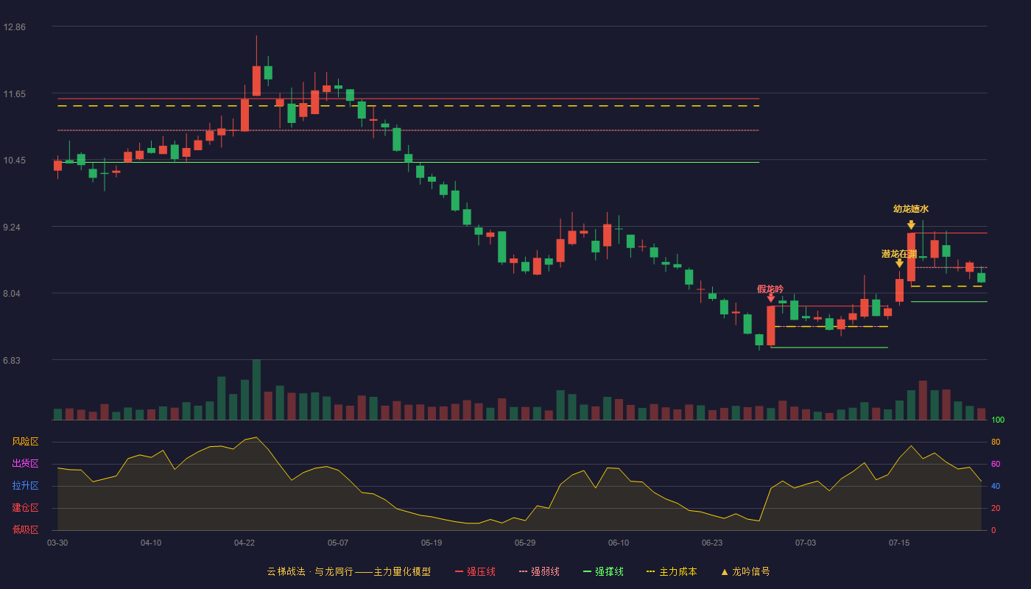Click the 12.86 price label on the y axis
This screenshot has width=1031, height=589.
(14, 27)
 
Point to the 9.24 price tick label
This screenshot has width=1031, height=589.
(12, 228)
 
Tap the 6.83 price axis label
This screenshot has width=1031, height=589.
(12, 360)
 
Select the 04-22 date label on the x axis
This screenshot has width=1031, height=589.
(244, 543)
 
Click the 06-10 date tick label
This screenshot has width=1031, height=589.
(619, 543)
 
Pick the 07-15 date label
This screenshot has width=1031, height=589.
(899, 543)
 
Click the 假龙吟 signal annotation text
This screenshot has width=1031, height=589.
(770, 289)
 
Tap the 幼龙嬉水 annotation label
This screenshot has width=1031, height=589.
(911, 209)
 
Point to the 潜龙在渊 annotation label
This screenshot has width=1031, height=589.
(899, 254)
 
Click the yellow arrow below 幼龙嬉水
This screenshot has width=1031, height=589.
(911, 225)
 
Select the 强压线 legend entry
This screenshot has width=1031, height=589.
(475, 571)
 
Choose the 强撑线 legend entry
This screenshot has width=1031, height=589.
(603, 571)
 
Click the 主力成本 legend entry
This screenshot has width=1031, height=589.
(672, 571)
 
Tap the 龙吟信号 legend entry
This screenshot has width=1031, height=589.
(745, 571)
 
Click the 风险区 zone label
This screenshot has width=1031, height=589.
(25, 442)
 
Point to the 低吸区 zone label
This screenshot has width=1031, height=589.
(25, 530)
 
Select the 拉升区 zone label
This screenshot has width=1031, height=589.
(25, 486)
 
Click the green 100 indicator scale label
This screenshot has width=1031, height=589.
(998, 420)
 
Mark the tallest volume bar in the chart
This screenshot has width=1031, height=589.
(256, 389)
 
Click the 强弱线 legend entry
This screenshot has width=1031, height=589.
(539, 571)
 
